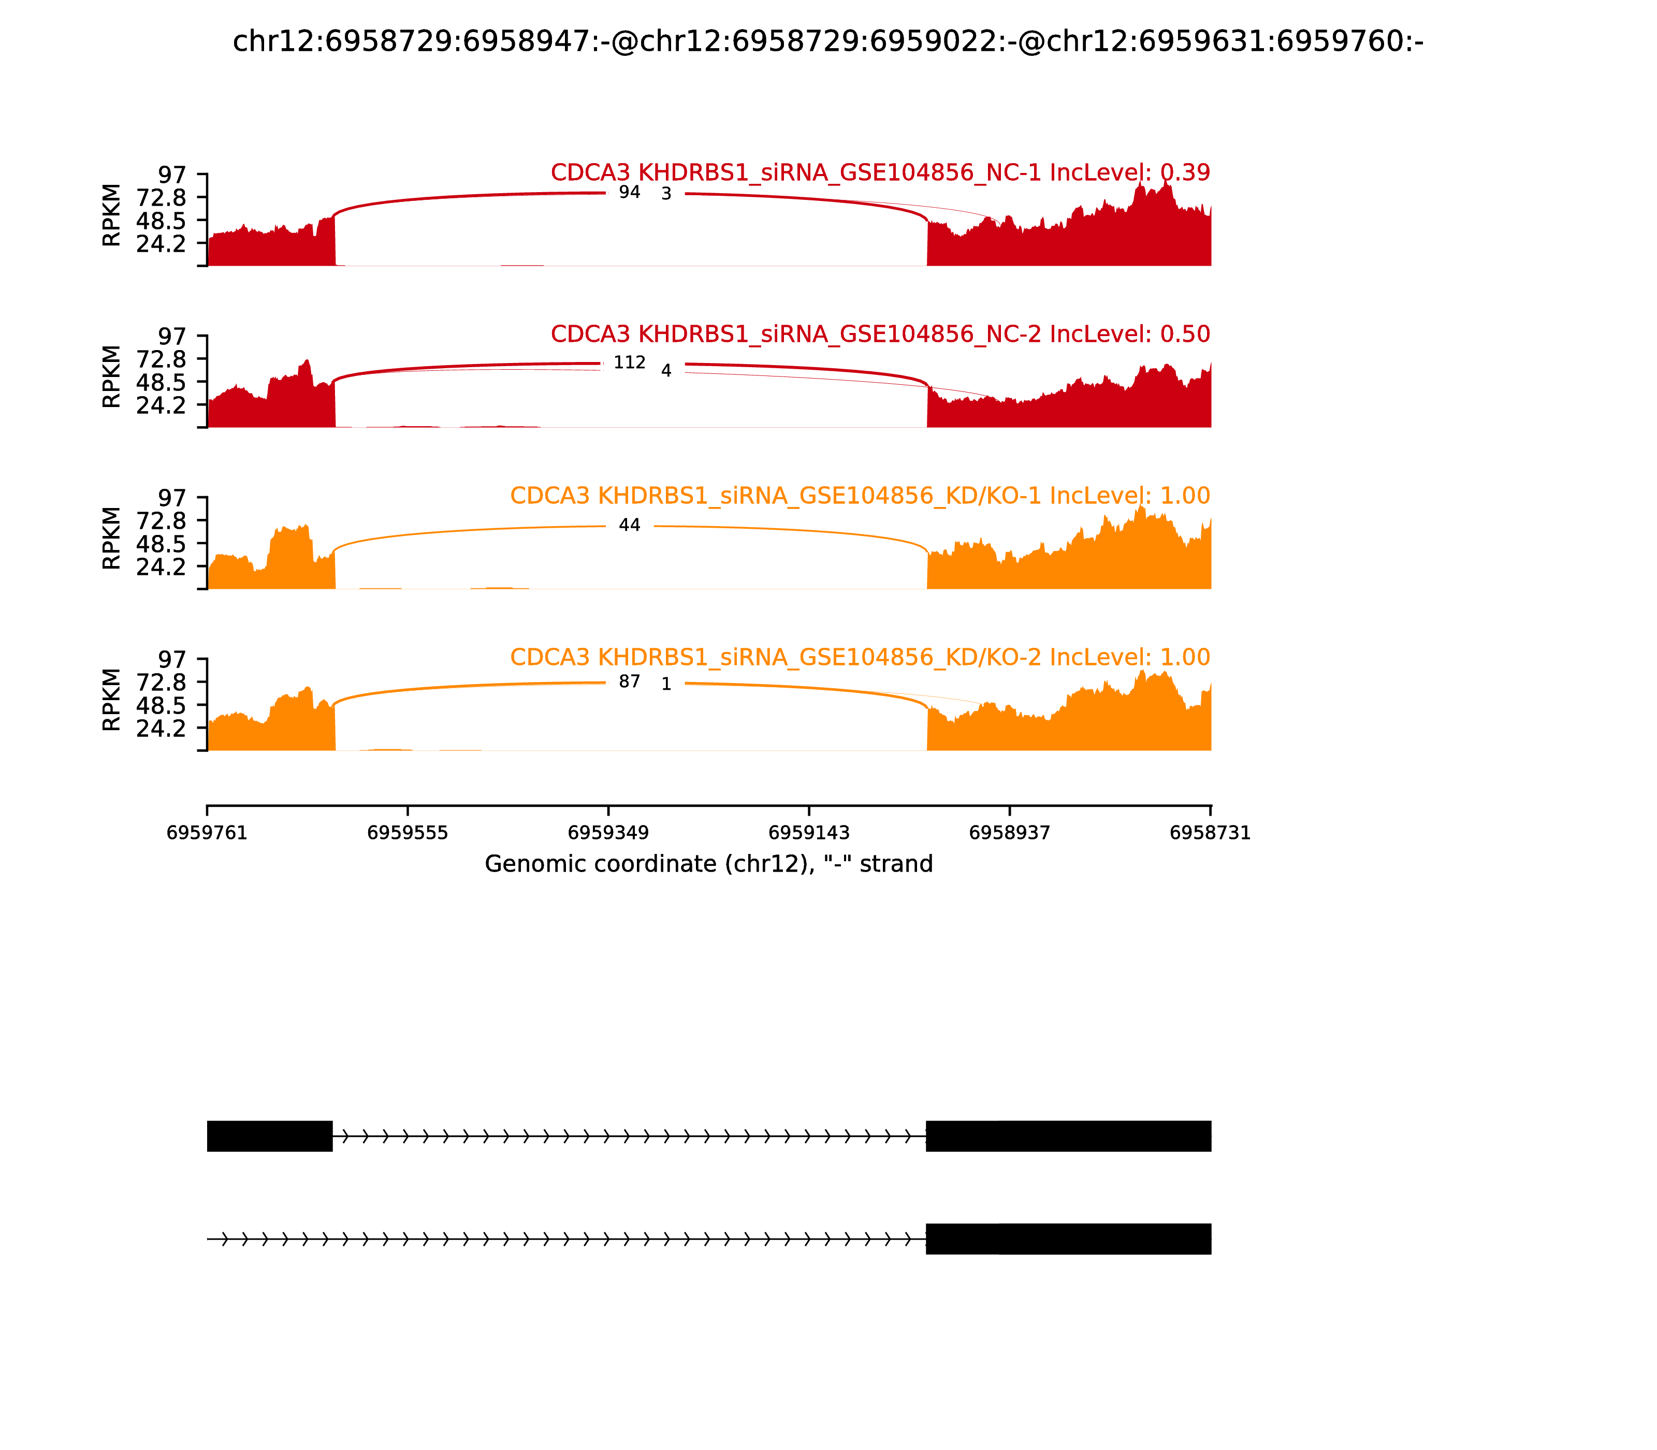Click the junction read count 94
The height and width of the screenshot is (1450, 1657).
click(x=630, y=193)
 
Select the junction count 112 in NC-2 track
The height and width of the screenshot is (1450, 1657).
click(x=630, y=363)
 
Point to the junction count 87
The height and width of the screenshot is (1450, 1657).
click(x=630, y=682)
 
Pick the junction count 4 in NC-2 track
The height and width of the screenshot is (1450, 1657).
click(x=666, y=371)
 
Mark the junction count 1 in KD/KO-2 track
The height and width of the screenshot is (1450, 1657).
click(x=666, y=685)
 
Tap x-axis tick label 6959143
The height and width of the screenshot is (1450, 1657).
click(x=808, y=833)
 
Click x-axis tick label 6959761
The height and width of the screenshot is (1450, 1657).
click(x=207, y=833)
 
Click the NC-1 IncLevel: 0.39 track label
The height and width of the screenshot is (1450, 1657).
click(x=880, y=173)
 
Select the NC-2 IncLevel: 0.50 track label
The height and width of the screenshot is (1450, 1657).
click(x=880, y=334)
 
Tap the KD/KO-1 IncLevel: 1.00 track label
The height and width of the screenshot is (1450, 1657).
click(x=860, y=496)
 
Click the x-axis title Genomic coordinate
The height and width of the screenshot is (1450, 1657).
click(x=709, y=864)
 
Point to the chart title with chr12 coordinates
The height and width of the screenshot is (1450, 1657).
click(x=827, y=42)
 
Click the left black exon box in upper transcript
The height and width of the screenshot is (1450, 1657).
click(x=269, y=1136)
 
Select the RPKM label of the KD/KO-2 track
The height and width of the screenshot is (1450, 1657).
click(x=112, y=700)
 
